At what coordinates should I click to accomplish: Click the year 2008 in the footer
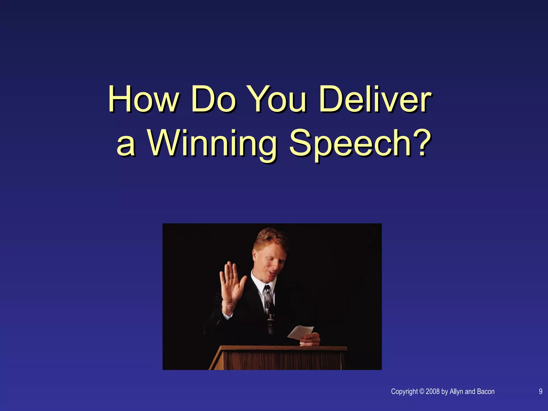433,391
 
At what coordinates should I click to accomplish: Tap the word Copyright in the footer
404,392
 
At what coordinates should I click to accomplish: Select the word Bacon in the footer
486,391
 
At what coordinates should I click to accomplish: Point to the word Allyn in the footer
456,392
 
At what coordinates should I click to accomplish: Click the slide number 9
541,391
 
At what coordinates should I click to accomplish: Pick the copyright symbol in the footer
422,391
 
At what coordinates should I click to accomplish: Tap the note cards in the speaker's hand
300,332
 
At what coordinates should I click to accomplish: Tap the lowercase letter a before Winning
126,146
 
